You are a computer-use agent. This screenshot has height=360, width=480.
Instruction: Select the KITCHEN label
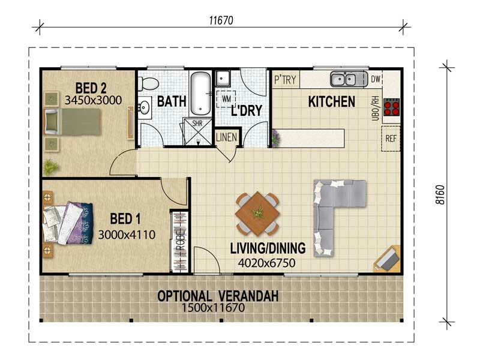click(x=331, y=101)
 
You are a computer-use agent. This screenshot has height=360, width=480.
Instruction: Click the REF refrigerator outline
click(x=391, y=139)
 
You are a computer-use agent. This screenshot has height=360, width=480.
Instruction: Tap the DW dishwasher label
click(x=376, y=79)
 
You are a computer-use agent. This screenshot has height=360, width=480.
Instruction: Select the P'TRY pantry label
click(x=285, y=79)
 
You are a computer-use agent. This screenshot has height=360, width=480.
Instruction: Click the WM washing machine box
click(x=226, y=97)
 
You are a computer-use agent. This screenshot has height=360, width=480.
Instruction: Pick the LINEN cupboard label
click(x=227, y=137)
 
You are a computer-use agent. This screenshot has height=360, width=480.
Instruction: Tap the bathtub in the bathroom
click(x=199, y=93)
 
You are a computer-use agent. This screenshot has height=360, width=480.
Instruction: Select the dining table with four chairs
click(x=257, y=213)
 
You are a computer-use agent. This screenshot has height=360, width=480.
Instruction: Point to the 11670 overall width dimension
click(x=221, y=20)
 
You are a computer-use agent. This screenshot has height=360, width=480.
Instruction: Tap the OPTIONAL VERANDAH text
click(x=218, y=296)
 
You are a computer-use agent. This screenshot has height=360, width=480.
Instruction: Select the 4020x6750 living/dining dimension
click(x=268, y=262)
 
